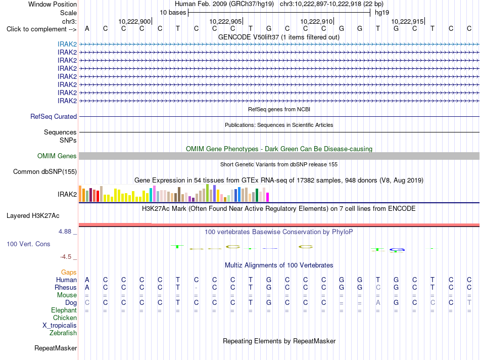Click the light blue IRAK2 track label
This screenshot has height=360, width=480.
[67, 44]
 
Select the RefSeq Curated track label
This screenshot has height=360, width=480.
[54, 116]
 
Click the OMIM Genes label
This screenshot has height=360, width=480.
[57, 156]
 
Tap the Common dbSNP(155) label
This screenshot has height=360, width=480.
[45, 171]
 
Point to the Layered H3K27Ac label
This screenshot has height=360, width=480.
[33, 216]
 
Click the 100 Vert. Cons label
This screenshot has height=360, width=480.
[28, 244]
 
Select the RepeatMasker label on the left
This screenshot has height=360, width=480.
[56, 348]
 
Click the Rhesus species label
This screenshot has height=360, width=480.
[66, 287]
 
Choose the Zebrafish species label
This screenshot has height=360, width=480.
[63, 333]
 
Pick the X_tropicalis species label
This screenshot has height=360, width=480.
[60, 326]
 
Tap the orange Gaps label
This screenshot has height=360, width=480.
[69, 273]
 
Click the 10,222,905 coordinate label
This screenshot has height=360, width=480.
[226, 21]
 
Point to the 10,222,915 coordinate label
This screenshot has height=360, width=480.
[407, 21]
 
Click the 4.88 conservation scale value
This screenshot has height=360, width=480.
[65, 231]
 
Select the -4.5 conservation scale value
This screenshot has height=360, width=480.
[66, 257]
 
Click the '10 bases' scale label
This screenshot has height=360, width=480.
[173, 13]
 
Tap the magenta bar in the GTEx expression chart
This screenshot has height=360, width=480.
[268, 197]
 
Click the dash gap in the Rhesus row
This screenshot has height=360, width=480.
[196, 288]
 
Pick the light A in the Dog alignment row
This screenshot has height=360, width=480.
[378, 303]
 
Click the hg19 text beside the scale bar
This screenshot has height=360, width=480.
[382, 13]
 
